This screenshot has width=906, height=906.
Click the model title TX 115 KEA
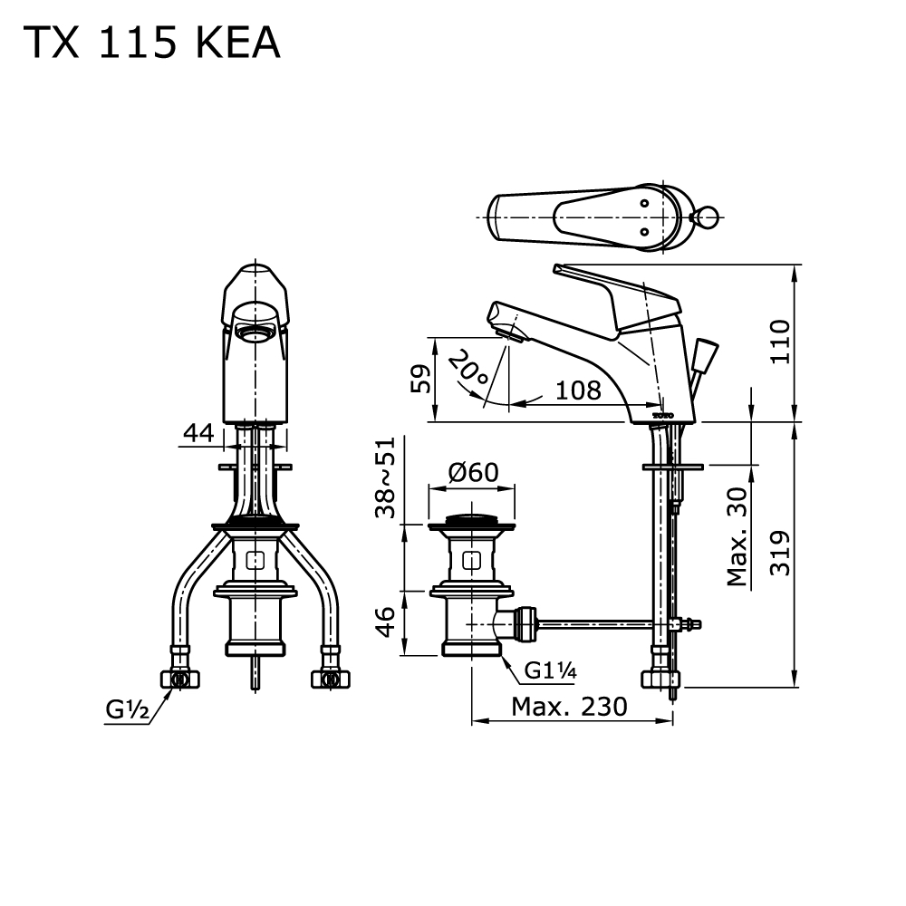[x=151, y=43]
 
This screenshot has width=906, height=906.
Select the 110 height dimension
[x=781, y=342]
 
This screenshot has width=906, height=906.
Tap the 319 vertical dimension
[x=781, y=553]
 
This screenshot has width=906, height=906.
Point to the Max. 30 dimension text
[x=737, y=536]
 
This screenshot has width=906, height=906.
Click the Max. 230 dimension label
[x=569, y=706]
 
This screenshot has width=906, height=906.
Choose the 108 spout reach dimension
[x=578, y=390]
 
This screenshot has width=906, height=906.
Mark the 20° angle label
[x=468, y=368]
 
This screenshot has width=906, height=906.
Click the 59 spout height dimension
[x=420, y=379]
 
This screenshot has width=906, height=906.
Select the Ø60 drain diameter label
[x=474, y=473]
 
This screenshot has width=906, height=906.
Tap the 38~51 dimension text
[x=385, y=477]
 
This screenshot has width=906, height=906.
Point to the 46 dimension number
[x=385, y=622]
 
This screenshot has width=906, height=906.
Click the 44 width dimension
[x=198, y=433]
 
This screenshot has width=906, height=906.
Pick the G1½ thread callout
[x=128, y=709]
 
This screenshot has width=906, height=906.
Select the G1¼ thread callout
[x=551, y=670]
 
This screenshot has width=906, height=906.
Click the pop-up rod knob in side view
[x=706, y=354]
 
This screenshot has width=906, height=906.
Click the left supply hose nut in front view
[x=179, y=679]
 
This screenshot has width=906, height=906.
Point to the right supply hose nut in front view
[x=331, y=679]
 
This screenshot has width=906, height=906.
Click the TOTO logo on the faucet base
[x=663, y=416]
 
